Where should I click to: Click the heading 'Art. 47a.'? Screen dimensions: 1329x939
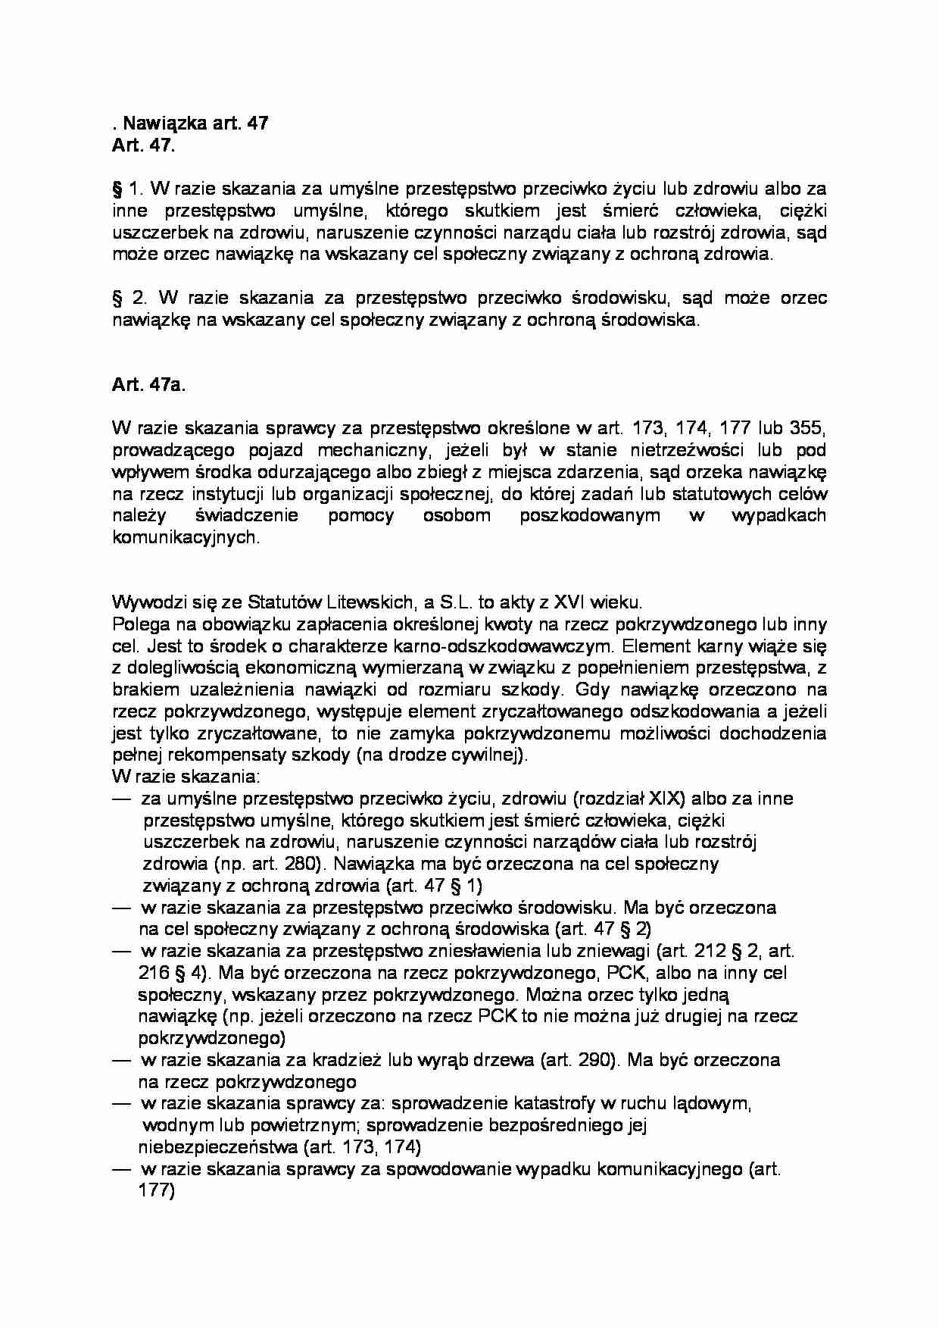click(148, 385)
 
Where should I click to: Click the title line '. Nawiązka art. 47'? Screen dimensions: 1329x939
click(190, 124)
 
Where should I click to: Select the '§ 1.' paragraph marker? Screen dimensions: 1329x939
click(125, 189)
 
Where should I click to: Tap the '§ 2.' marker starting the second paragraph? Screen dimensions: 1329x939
click(127, 298)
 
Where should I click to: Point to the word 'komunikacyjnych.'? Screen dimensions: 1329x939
click(186, 538)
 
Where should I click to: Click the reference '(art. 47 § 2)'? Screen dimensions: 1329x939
click(603, 929)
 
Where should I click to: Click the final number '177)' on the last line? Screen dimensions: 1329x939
click(157, 1190)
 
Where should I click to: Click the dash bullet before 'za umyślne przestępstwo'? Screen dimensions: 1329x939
click(121, 799)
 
